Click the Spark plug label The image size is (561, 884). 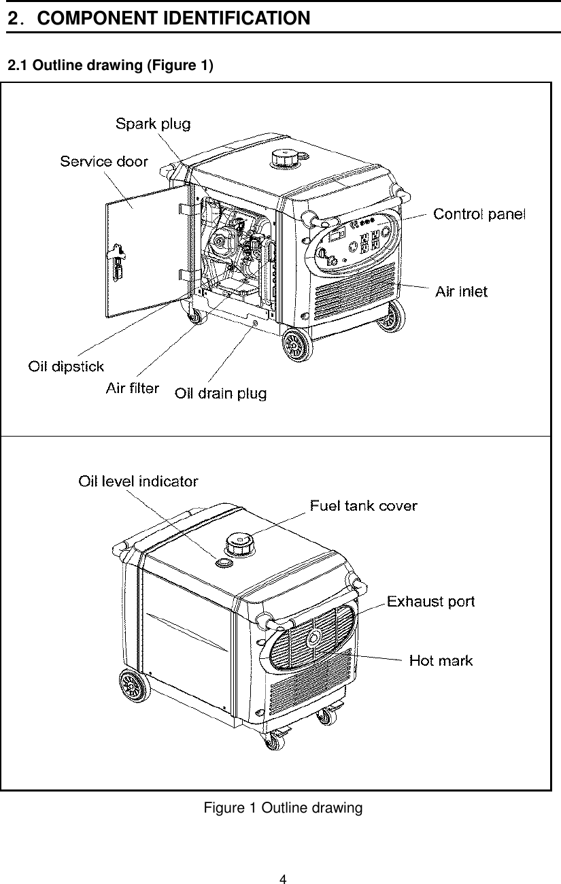[x=152, y=124]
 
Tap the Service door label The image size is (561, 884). [x=103, y=161]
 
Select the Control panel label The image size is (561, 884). [x=479, y=214]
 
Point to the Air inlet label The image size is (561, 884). [x=461, y=292]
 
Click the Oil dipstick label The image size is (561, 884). [x=66, y=367]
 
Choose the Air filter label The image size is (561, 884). [x=133, y=388]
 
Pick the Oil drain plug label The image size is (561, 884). [x=221, y=394]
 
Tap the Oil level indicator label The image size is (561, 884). [x=138, y=481]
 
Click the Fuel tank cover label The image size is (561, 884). [x=364, y=505]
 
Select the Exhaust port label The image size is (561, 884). [x=430, y=601]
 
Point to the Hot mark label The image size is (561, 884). [x=441, y=660]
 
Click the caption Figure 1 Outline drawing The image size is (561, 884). [x=283, y=808]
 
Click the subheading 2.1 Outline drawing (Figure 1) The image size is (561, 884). [x=109, y=66]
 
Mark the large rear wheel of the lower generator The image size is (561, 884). [x=133, y=687]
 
